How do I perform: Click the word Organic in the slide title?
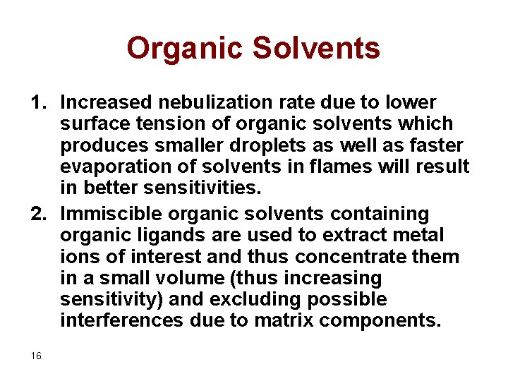click(x=185, y=49)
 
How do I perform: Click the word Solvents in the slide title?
click(x=316, y=49)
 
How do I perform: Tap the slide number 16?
click(x=36, y=356)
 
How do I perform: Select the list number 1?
click(x=38, y=102)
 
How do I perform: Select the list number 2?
click(x=38, y=213)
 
